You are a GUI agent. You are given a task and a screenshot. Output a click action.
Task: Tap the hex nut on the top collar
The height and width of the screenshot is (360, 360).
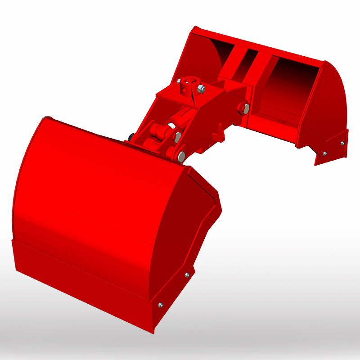click(201, 89)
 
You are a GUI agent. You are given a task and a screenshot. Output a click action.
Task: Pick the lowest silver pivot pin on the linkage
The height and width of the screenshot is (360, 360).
click(181, 156)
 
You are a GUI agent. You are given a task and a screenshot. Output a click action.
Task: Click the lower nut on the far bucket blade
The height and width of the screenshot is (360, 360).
click(325, 153)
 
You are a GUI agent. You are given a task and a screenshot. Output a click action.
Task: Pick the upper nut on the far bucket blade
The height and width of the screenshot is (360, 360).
click(342, 143)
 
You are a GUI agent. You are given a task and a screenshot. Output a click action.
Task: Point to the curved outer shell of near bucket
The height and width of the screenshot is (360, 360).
click(90, 189)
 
